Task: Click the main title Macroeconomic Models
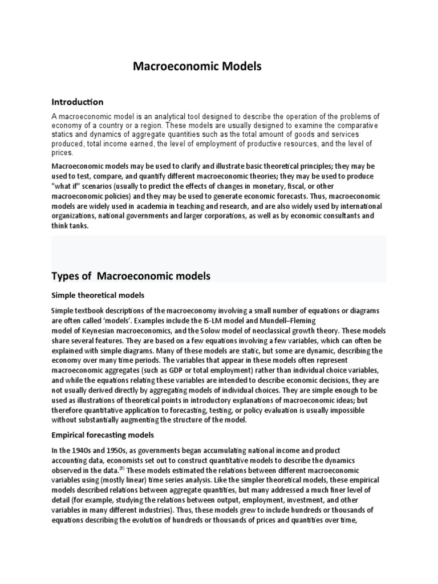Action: tap(197, 67)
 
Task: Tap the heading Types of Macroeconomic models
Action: tap(131, 276)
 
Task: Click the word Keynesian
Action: tap(101, 331)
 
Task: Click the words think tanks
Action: tap(70, 225)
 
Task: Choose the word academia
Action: tap(159, 206)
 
